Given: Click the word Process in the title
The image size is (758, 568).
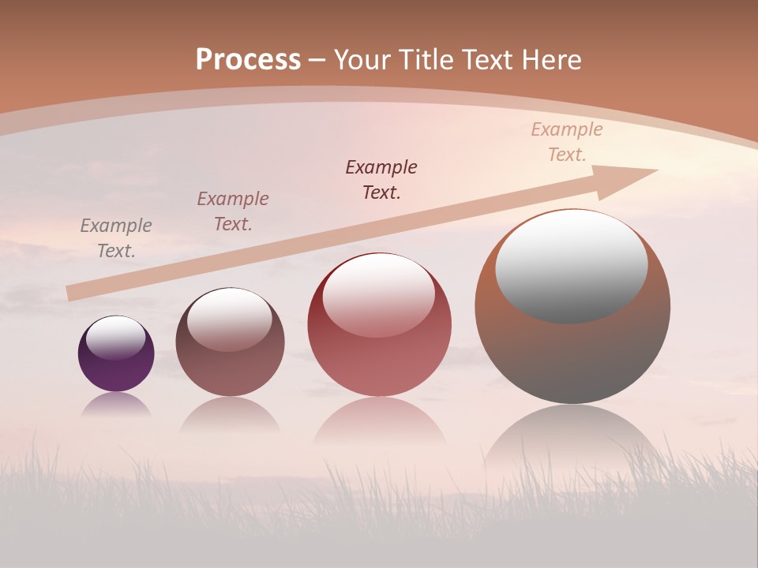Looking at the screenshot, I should pos(248,60).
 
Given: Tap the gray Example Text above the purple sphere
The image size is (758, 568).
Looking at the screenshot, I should pos(116,238).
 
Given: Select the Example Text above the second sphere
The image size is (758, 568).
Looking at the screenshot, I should pos(233,211).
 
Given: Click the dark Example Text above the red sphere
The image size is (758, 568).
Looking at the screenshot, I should pos(381,180).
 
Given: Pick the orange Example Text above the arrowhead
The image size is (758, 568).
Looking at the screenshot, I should pos(567,142).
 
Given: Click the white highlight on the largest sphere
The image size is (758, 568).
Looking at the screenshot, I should pos(571,266).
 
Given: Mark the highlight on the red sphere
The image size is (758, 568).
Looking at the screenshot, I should pos(378,294).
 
